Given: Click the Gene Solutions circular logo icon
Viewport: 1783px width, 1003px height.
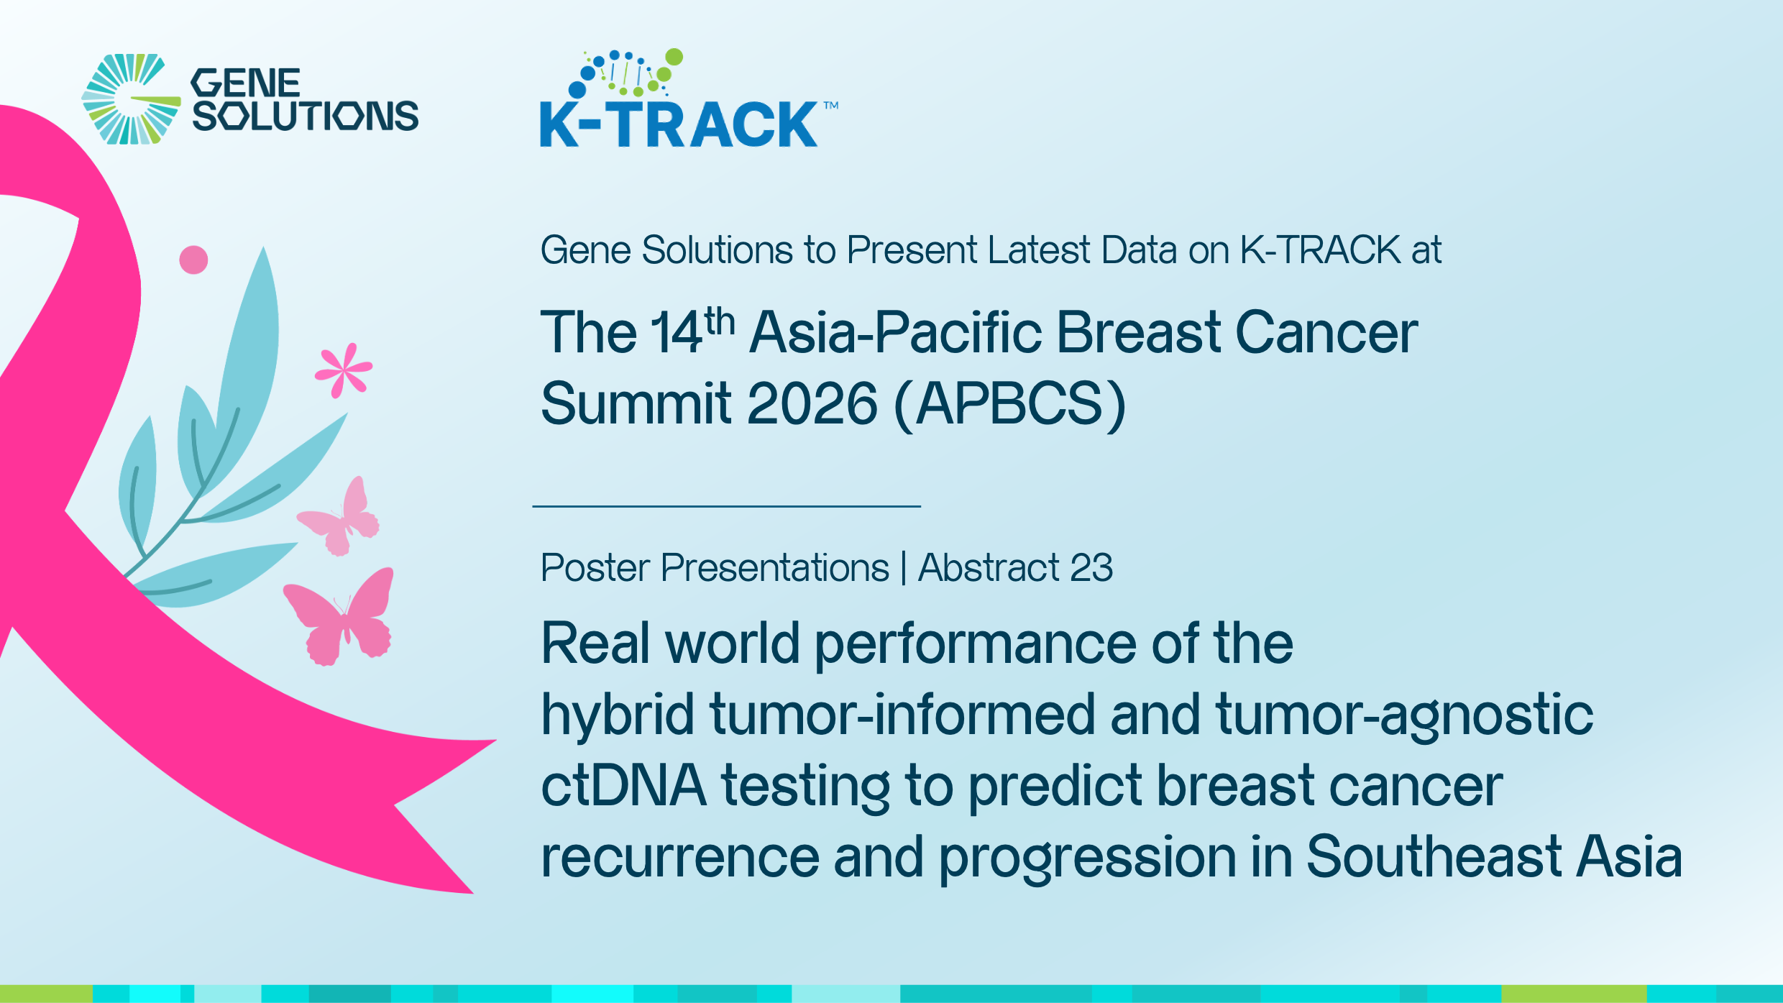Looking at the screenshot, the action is pos(131,99).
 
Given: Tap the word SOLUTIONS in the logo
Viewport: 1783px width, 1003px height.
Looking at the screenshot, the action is pos(306,116).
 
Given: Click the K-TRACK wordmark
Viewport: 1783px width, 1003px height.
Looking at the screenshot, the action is pos(679,124).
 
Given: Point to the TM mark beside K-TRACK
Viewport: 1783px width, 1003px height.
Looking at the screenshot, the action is pos(831,105).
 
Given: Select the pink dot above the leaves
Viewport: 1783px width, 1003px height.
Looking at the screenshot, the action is pos(193,260).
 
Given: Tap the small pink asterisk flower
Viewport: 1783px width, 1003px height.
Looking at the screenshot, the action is pos(344,370).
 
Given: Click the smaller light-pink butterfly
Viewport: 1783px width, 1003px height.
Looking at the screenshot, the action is pos(339,516).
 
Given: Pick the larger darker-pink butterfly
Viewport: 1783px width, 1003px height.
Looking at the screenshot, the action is pos(339,616).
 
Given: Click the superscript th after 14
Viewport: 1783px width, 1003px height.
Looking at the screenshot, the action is pos(720,321).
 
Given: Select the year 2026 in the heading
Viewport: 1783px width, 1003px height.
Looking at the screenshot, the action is pos(812,403).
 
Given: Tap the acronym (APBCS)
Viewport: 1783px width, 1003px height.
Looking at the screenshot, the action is pos(1010,405).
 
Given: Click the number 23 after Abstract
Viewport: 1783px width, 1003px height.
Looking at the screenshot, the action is pos(1091,568).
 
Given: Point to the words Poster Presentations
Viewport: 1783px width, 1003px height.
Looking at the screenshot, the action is pos(715,568).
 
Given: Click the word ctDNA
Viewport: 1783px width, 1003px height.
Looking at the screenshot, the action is pos(623,785).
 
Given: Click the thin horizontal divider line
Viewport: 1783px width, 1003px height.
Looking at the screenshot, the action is pos(726,506).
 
